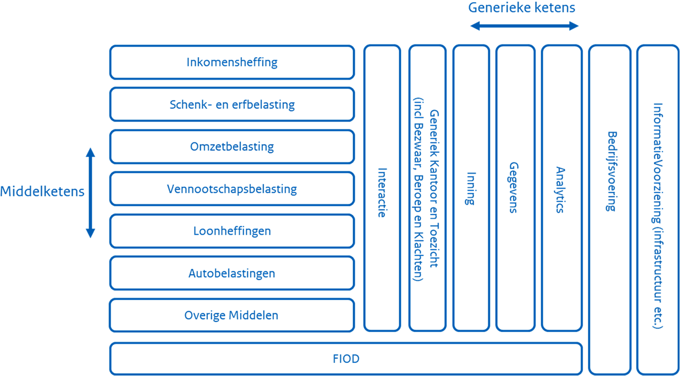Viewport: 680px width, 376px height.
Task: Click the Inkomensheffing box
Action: tap(232, 62)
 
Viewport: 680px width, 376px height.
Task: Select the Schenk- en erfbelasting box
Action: tap(232, 104)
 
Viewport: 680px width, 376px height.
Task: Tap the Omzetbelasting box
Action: tap(232, 147)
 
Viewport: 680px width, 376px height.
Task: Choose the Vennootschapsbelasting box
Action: tap(232, 189)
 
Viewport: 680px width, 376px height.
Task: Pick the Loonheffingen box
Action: tap(232, 231)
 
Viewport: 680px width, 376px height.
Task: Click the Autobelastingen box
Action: tap(232, 273)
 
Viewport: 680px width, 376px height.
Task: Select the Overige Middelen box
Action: tap(232, 315)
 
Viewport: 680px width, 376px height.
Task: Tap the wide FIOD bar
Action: tap(346, 359)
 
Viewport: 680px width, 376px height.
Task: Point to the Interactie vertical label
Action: tap(382, 192)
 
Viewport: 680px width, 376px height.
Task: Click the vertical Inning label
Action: tap(471, 188)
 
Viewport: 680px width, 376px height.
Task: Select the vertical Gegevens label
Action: tap(514, 187)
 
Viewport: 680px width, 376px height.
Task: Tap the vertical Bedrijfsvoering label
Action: tap(610, 171)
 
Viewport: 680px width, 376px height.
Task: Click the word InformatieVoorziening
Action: tap(657, 155)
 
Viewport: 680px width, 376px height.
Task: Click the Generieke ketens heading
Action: tap(521, 8)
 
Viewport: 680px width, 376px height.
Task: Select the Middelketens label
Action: tap(42, 192)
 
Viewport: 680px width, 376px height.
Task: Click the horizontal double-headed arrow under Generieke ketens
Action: tap(524, 26)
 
